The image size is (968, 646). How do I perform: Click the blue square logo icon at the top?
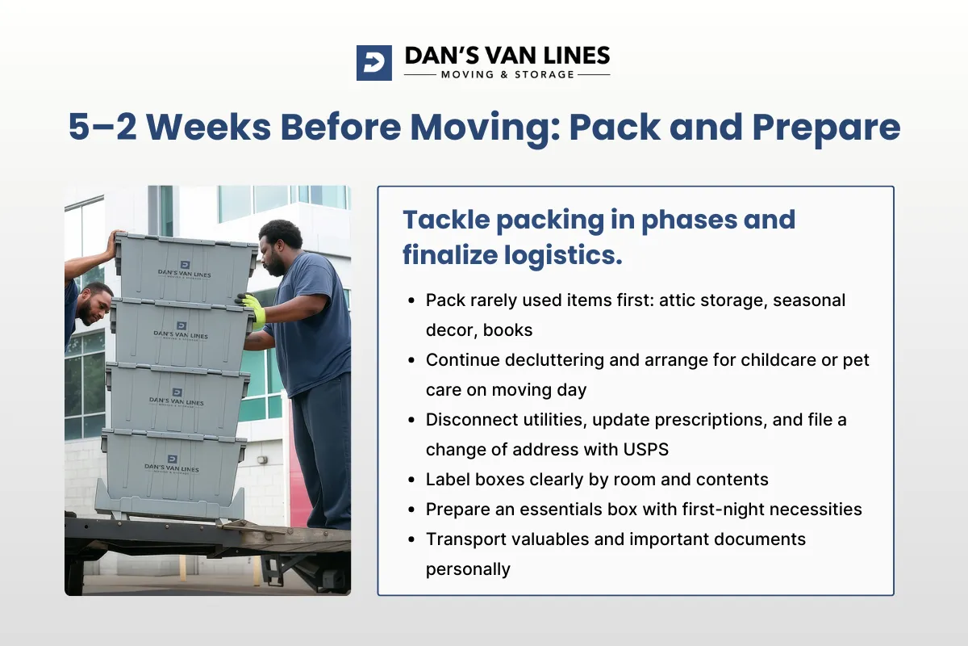tap(373, 62)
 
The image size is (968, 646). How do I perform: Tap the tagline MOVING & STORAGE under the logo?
tap(507, 75)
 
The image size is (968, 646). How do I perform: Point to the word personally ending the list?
tap(468, 569)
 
